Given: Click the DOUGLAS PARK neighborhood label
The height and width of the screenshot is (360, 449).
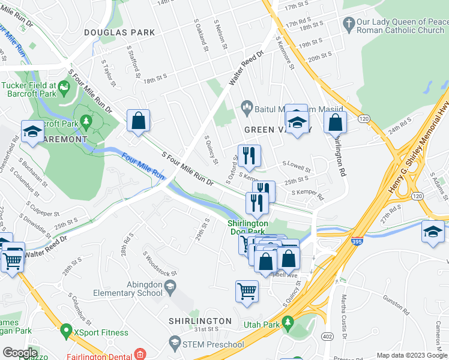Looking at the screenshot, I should click(x=119, y=32).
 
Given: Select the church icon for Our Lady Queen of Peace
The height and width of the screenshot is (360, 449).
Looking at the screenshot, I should click(x=348, y=25).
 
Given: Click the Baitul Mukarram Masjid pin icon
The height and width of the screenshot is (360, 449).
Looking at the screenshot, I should click(x=246, y=106).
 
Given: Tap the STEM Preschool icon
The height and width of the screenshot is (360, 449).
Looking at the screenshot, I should click(x=175, y=344).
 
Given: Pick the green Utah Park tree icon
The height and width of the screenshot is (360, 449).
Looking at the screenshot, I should click(x=287, y=323).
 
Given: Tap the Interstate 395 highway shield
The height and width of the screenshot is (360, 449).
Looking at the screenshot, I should click(x=357, y=241).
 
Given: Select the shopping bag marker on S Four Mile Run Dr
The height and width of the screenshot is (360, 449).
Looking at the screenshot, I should click(x=138, y=120).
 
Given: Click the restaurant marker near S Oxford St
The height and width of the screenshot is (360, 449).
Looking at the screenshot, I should click(x=249, y=156).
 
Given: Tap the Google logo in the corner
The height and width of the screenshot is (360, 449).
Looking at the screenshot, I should click(x=20, y=353).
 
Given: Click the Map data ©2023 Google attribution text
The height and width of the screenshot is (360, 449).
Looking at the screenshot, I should click(x=412, y=355).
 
